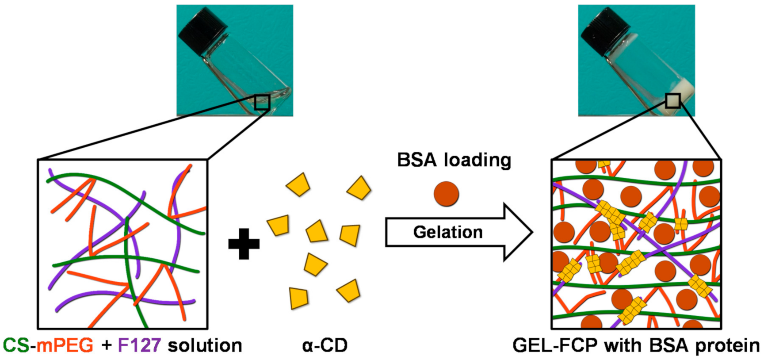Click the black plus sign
pyautogui.click(x=244, y=244)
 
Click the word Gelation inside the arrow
pyautogui.click(x=447, y=232)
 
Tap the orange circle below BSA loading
pyautogui.click(x=446, y=194)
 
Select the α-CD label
pyautogui.click(x=325, y=345)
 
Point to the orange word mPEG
pyautogui.click(x=65, y=345)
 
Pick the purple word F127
pyautogui.click(x=139, y=345)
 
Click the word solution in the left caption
pyautogui.click(x=205, y=345)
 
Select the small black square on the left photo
pyautogui.click(x=262, y=102)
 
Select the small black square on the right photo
pyautogui.click(x=673, y=101)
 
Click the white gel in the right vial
pyautogui.click(x=683, y=94)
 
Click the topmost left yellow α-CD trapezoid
pyautogui.click(x=299, y=185)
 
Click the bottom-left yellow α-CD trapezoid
pyautogui.click(x=298, y=298)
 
